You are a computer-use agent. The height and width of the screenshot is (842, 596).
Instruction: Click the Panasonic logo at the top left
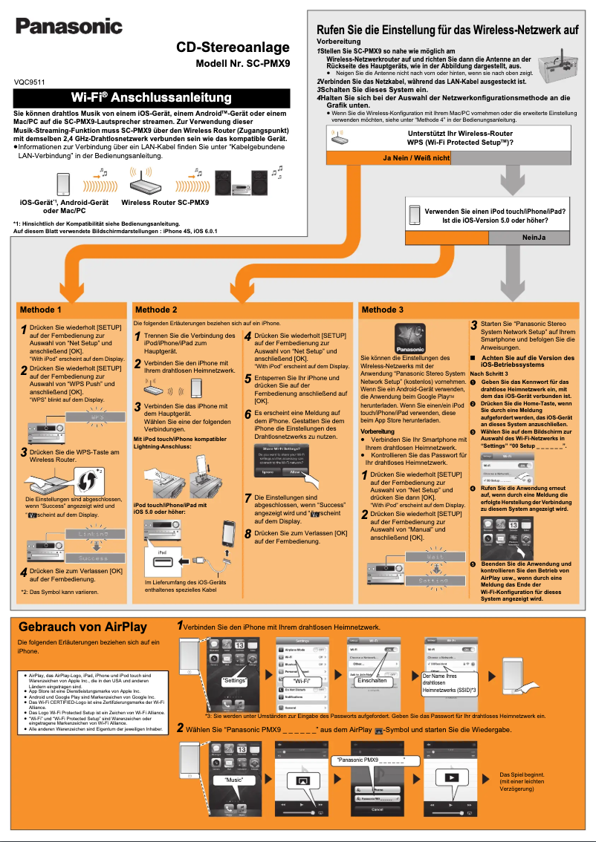[69, 27]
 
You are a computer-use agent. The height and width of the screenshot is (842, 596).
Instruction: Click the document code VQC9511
[30, 82]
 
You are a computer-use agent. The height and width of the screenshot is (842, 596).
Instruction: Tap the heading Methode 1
[41, 310]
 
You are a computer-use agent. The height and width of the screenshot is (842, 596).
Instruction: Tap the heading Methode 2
[156, 310]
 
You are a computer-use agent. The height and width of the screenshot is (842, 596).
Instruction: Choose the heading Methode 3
[383, 310]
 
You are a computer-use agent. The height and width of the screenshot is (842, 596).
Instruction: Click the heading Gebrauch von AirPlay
[82, 627]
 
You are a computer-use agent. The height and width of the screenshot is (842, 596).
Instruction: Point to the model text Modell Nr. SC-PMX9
[242, 65]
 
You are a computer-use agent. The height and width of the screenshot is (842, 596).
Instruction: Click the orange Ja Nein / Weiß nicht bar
[416, 158]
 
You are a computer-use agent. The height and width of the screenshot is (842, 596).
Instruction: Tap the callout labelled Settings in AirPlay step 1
[235, 680]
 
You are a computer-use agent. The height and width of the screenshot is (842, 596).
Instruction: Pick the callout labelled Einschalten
[372, 680]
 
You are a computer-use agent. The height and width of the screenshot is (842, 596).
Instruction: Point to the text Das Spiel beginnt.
[522, 774]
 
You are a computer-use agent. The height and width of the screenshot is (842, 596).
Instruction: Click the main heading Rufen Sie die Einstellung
[447, 30]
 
